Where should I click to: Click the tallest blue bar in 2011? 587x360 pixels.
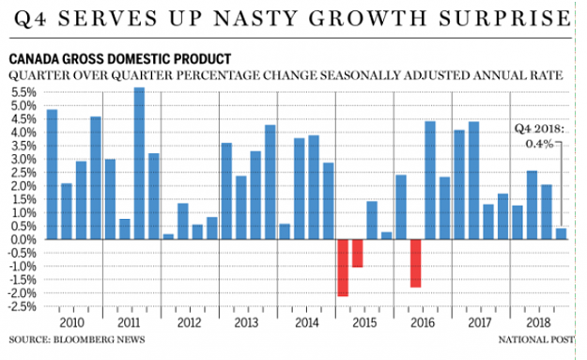pyautogui.click(x=139, y=164)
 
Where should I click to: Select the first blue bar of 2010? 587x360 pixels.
pyautogui.click(x=52, y=174)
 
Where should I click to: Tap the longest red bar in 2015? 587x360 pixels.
pyautogui.click(x=343, y=268)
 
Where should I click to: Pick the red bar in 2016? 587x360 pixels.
pyautogui.click(x=415, y=263)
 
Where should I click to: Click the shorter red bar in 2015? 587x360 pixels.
pyautogui.click(x=358, y=253)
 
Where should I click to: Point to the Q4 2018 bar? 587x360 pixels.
pyautogui.click(x=561, y=234)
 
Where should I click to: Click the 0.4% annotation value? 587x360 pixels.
pyautogui.click(x=539, y=144)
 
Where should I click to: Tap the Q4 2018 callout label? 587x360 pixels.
pyautogui.click(x=539, y=129)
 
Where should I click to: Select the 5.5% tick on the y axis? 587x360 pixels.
pyautogui.click(x=24, y=92)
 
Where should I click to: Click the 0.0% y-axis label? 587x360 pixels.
pyautogui.click(x=24, y=240)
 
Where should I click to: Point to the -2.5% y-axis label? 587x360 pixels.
pyautogui.click(x=23, y=306)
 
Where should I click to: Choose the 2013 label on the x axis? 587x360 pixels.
pyautogui.click(x=246, y=322)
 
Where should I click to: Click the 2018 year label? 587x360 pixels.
pyautogui.click(x=538, y=322)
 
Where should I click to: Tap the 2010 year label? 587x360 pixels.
pyautogui.click(x=72, y=322)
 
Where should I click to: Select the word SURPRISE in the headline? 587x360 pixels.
pyautogui.click(x=504, y=19)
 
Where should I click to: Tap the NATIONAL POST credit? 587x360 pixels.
pyautogui.click(x=535, y=339)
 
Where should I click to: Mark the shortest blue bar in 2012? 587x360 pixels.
pyautogui.click(x=168, y=237)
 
